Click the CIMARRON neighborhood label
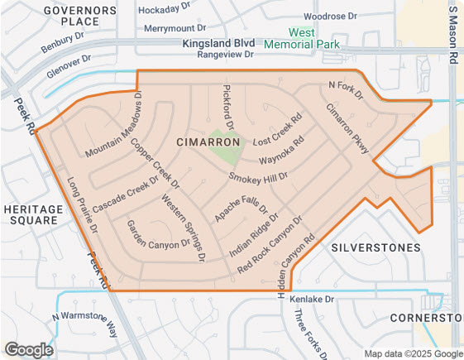(208, 142)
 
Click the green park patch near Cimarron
(223, 146)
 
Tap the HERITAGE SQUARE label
(31, 215)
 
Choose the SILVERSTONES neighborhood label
(375, 247)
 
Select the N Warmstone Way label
(85, 324)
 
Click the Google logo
(29, 349)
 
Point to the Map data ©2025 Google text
(412, 353)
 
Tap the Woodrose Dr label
(329, 16)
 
